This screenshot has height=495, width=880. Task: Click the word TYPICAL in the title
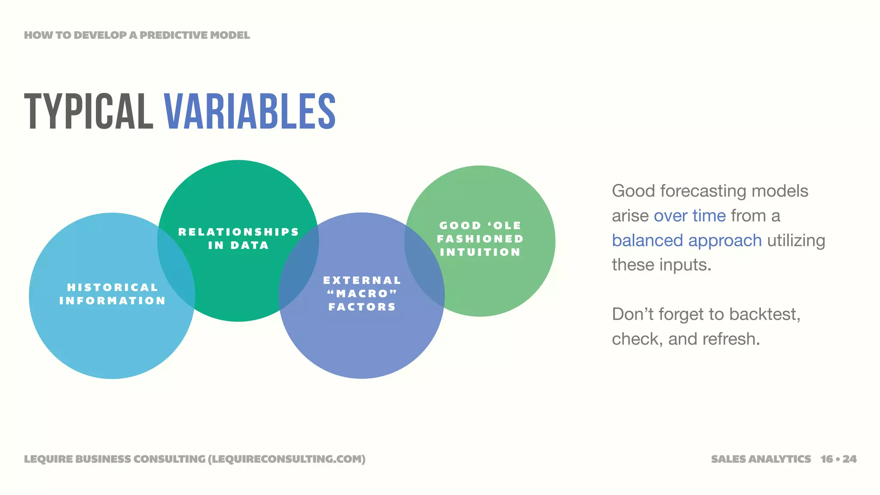[89, 112]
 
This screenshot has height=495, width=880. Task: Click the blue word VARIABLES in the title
[249, 112]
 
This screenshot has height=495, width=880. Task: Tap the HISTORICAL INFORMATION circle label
[113, 294]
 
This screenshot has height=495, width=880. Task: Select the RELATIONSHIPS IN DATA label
[238, 238]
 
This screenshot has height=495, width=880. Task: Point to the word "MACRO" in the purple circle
[362, 294]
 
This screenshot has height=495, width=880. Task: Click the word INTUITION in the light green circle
[480, 252]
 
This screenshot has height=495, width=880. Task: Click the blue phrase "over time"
[690, 216]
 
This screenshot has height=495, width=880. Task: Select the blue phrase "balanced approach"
[687, 241]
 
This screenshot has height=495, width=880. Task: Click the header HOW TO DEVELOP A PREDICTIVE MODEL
[137, 35]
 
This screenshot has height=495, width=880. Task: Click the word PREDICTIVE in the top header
[168, 35]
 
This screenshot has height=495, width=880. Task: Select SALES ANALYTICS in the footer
[761, 459]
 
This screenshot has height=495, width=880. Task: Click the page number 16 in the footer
[826, 459]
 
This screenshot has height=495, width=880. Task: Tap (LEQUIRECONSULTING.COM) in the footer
[287, 459]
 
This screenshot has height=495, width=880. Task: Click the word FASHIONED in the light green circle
[480, 239]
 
